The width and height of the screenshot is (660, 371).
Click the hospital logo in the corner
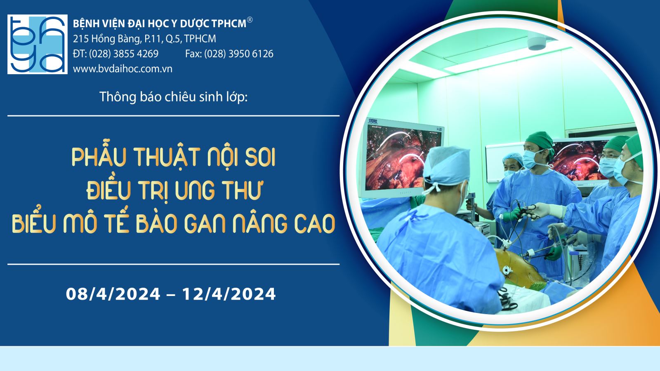tap(38, 44)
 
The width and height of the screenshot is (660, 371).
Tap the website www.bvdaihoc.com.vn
tap(123, 69)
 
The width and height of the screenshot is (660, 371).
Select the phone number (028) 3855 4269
tap(124, 54)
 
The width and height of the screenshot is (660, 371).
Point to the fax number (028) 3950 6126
tap(239, 54)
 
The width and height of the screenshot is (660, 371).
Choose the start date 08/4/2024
tap(113, 294)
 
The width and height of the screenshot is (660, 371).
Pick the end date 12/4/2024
tap(229, 294)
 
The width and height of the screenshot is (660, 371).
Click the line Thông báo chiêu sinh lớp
tap(174, 96)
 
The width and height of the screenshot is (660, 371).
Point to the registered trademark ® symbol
tap(250, 20)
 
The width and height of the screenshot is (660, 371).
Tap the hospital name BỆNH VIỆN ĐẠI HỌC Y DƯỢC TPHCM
tap(159, 23)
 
